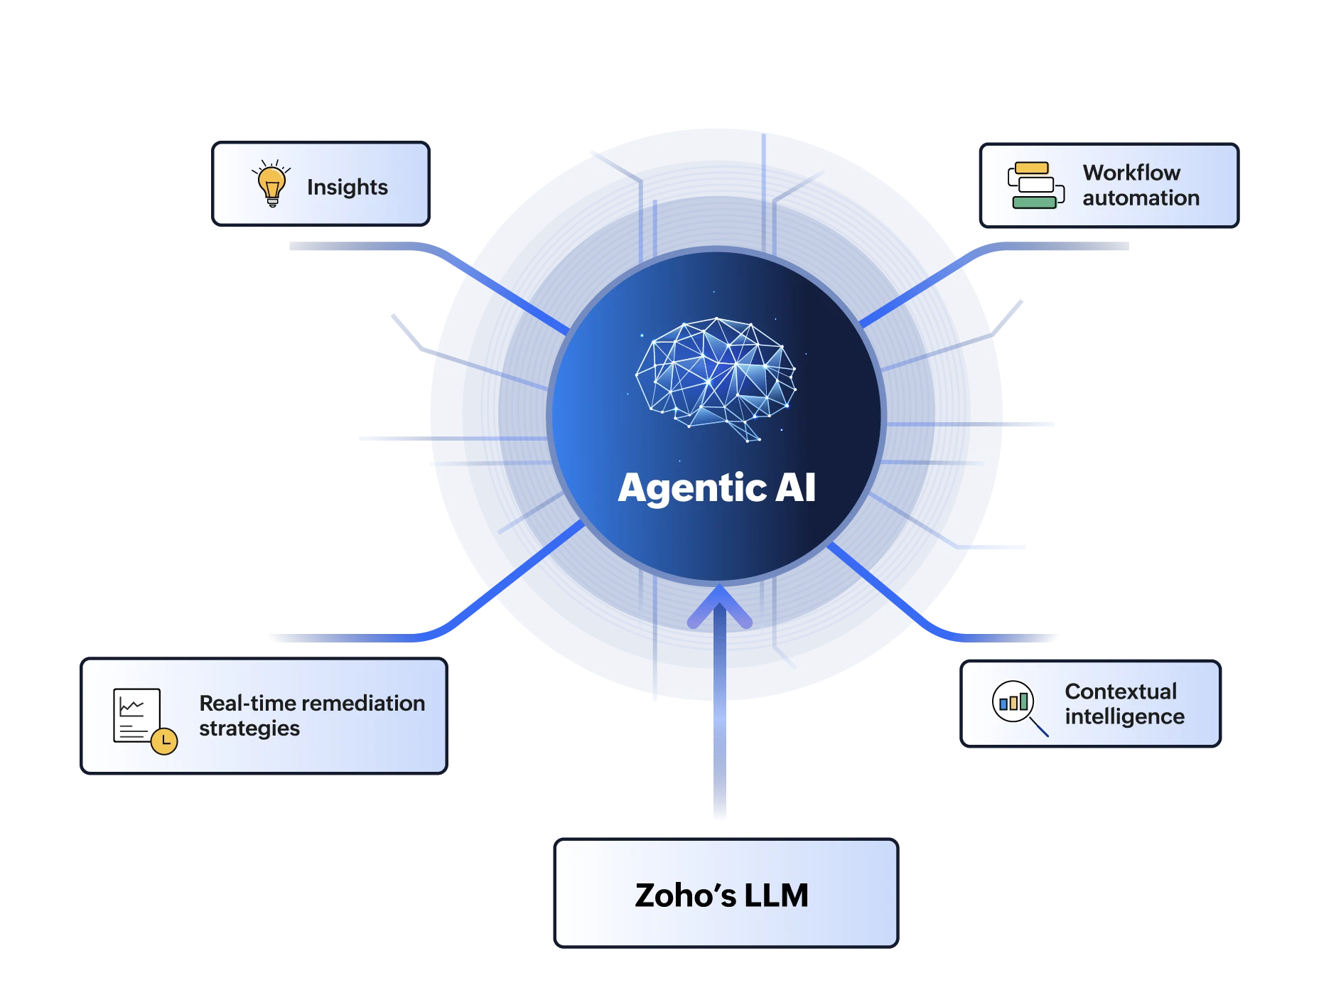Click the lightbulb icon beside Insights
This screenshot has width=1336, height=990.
click(271, 183)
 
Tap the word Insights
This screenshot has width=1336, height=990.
click(348, 187)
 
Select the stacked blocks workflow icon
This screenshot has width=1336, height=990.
click(1036, 185)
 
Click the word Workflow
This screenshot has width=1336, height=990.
click(1131, 173)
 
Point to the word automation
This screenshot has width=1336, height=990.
click(1141, 198)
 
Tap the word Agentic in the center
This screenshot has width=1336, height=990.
click(692, 489)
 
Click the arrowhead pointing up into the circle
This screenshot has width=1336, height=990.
click(720, 606)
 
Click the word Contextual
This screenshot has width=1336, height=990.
click(1121, 692)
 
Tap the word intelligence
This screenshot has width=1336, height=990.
click(1125, 717)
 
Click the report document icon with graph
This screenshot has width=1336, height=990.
click(136, 715)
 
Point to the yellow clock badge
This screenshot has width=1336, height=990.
click(164, 741)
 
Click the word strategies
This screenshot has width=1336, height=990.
click(249, 729)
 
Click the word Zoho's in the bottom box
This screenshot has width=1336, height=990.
click(686, 895)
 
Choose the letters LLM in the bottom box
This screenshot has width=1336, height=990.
click(776, 895)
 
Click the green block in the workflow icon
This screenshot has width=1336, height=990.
click(1034, 203)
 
